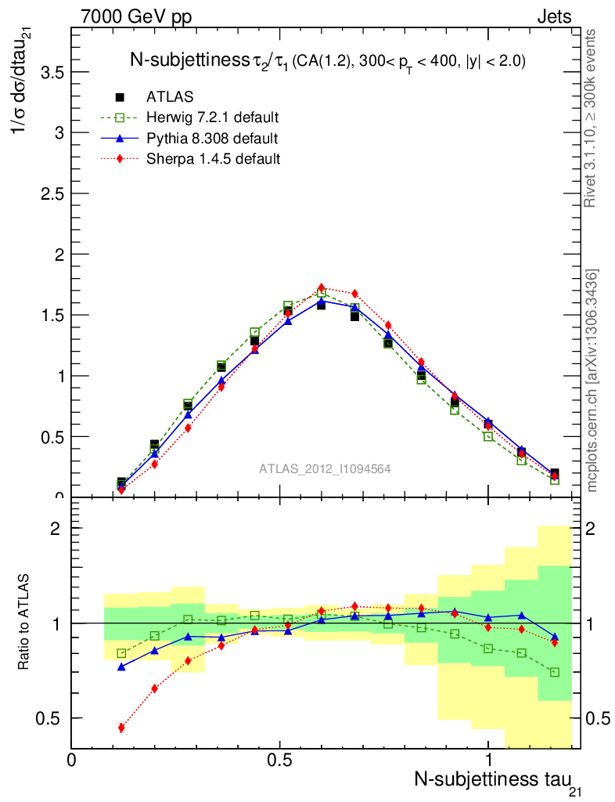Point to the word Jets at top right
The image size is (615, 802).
553,16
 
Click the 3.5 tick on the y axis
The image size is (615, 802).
49,72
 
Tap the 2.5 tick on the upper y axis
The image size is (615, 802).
49,193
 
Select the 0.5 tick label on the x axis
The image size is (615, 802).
279,760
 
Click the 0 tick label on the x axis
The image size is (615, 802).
72,760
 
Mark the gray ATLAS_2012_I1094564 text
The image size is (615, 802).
325,468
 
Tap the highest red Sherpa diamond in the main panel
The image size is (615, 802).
321,287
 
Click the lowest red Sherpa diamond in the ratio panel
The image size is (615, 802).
121,728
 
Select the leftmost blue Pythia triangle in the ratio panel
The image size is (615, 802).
121,667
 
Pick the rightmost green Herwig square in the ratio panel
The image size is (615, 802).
555,672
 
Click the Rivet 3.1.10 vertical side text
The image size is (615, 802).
592,118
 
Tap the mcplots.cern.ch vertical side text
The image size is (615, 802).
592,381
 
